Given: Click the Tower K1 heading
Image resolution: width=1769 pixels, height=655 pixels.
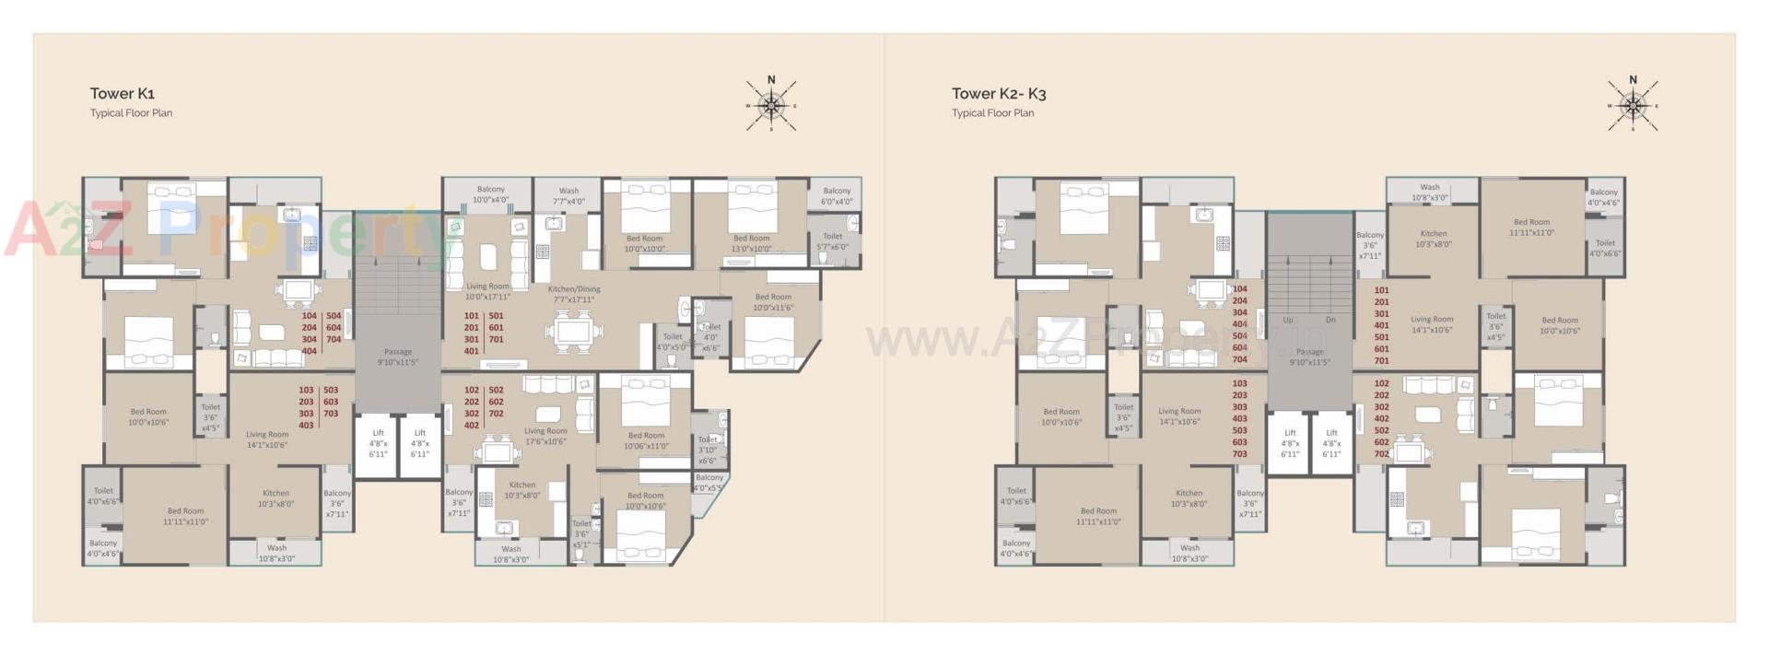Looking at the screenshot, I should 122,93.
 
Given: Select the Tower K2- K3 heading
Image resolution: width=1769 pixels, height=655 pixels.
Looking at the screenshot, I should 998,93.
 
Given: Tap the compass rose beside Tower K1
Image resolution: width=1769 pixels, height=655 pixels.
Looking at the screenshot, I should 771,104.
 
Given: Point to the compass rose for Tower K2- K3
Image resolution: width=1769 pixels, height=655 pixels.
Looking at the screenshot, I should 1633,104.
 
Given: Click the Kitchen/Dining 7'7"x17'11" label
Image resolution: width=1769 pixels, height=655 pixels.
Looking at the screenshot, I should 575,294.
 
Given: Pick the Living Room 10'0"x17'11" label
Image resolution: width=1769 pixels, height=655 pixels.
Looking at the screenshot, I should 487,291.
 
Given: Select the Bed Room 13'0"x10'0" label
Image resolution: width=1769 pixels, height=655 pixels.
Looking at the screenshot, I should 751,243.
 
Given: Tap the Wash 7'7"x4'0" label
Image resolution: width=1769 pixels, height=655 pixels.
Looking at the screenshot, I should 568,195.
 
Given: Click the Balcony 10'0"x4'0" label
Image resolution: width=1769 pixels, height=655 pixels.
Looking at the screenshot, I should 490,193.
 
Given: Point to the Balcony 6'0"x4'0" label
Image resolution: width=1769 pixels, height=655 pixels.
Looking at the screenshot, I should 837,195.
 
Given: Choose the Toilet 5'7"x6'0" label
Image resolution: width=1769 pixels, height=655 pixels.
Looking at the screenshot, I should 832,241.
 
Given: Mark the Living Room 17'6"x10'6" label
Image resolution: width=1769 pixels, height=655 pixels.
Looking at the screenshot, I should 545,436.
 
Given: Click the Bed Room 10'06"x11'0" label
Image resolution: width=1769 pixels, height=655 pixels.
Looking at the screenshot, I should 646,440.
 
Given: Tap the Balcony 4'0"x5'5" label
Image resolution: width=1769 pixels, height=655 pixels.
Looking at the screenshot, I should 709,482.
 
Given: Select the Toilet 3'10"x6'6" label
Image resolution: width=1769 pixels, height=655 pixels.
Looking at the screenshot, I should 707,450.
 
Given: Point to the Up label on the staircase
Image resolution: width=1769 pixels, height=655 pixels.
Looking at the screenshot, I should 1288,320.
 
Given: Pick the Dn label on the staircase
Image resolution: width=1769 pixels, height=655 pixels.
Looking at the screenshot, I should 1330,320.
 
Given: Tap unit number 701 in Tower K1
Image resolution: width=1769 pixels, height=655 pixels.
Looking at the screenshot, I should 496,339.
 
